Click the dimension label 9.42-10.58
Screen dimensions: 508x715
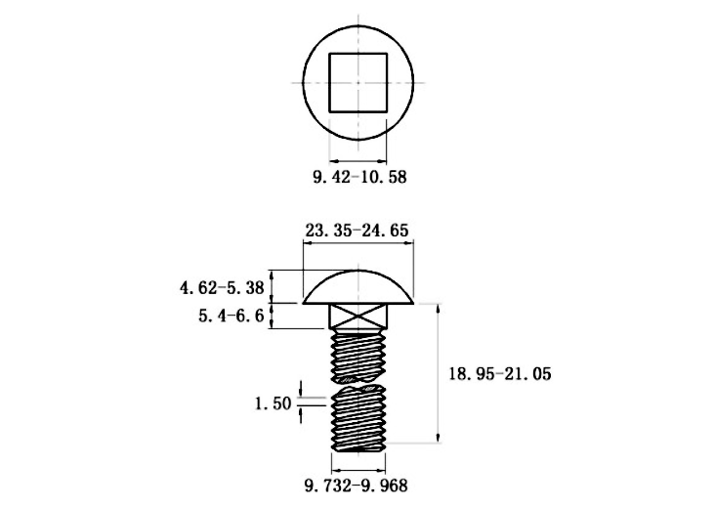click(x=357, y=178)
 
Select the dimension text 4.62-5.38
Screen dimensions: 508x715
click(x=222, y=287)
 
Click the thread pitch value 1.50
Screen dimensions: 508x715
click(x=274, y=403)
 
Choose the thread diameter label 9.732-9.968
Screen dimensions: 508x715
click(x=358, y=486)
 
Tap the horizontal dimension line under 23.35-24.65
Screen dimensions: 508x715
click(x=357, y=243)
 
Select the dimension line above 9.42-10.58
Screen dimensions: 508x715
click(x=358, y=160)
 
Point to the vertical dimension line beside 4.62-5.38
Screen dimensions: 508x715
click(x=273, y=287)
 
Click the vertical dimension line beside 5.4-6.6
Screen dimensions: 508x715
click(x=273, y=316)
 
